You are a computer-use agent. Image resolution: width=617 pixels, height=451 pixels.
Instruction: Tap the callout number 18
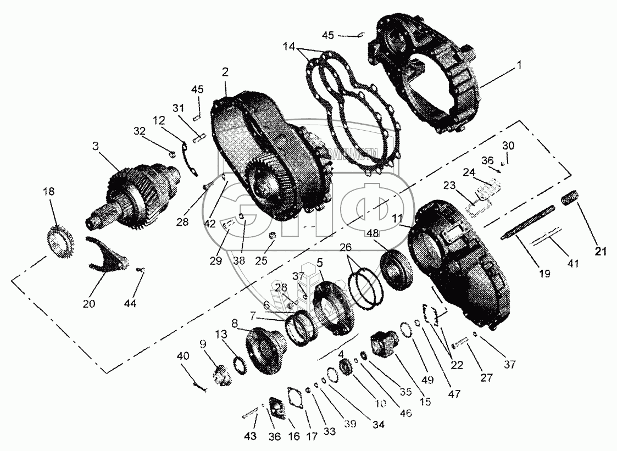[49, 191]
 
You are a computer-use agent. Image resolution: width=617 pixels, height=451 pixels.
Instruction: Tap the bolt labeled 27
[459, 345]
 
